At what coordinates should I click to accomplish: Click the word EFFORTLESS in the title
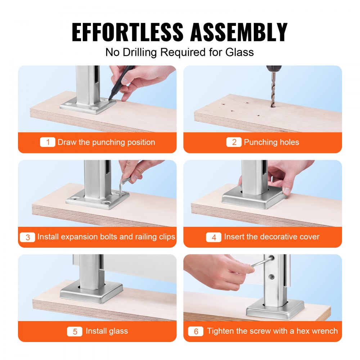pyautogui.click(x=128, y=32)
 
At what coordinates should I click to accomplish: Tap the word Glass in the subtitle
pyautogui.click(x=239, y=52)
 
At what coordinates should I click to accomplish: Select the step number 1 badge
pyautogui.click(x=48, y=142)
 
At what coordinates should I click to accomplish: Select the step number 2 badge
pyautogui.click(x=234, y=142)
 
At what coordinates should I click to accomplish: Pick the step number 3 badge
pyautogui.click(x=28, y=237)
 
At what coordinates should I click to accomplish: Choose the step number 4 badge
pyautogui.click(x=213, y=237)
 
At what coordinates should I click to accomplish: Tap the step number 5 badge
pyautogui.click(x=75, y=331)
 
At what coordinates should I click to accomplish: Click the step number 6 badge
pyautogui.click(x=196, y=331)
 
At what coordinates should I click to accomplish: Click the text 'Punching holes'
pyautogui.click(x=271, y=142)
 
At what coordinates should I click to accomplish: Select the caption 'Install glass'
pyautogui.click(x=107, y=331)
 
